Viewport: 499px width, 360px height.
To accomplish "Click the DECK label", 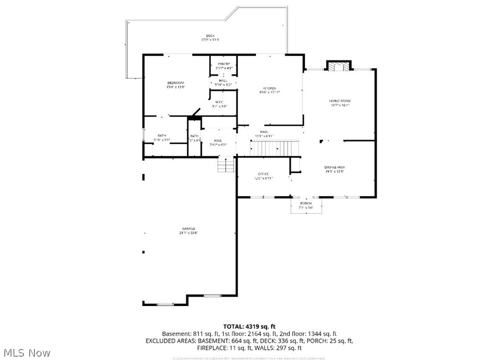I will click(x=210, y=36).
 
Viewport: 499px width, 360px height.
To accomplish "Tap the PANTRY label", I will click(x=224, y=64).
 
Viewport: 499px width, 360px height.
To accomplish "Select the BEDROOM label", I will click(x=176, y=83).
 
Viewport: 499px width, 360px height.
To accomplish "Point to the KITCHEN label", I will click(x=269, y=88).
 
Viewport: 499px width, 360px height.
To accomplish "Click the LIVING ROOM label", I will click(x=340, y=101).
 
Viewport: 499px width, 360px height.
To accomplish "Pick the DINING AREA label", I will click(x=335, y=167).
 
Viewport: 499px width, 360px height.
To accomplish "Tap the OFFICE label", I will click(x=263, y=174).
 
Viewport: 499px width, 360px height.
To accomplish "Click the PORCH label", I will click(x=306, y=203).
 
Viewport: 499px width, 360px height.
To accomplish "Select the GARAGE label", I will click(x=188, y=229).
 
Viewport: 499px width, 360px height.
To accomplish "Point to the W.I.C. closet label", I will click(x=219, y=102).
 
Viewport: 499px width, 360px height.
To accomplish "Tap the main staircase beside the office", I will click(x=274, y=148).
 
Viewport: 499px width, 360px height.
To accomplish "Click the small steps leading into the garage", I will click(x=226, y=165).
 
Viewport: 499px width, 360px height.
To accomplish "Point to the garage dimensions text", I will click(x=188, y=233).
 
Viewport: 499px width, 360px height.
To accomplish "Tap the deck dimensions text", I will click(x=210, y=40).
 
